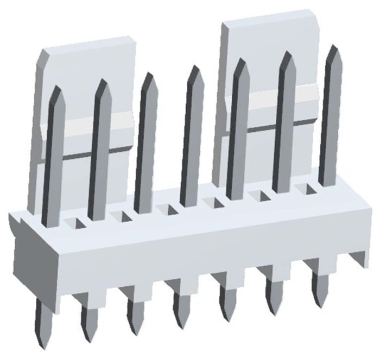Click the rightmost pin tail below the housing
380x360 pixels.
319,287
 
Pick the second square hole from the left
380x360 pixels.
119,216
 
